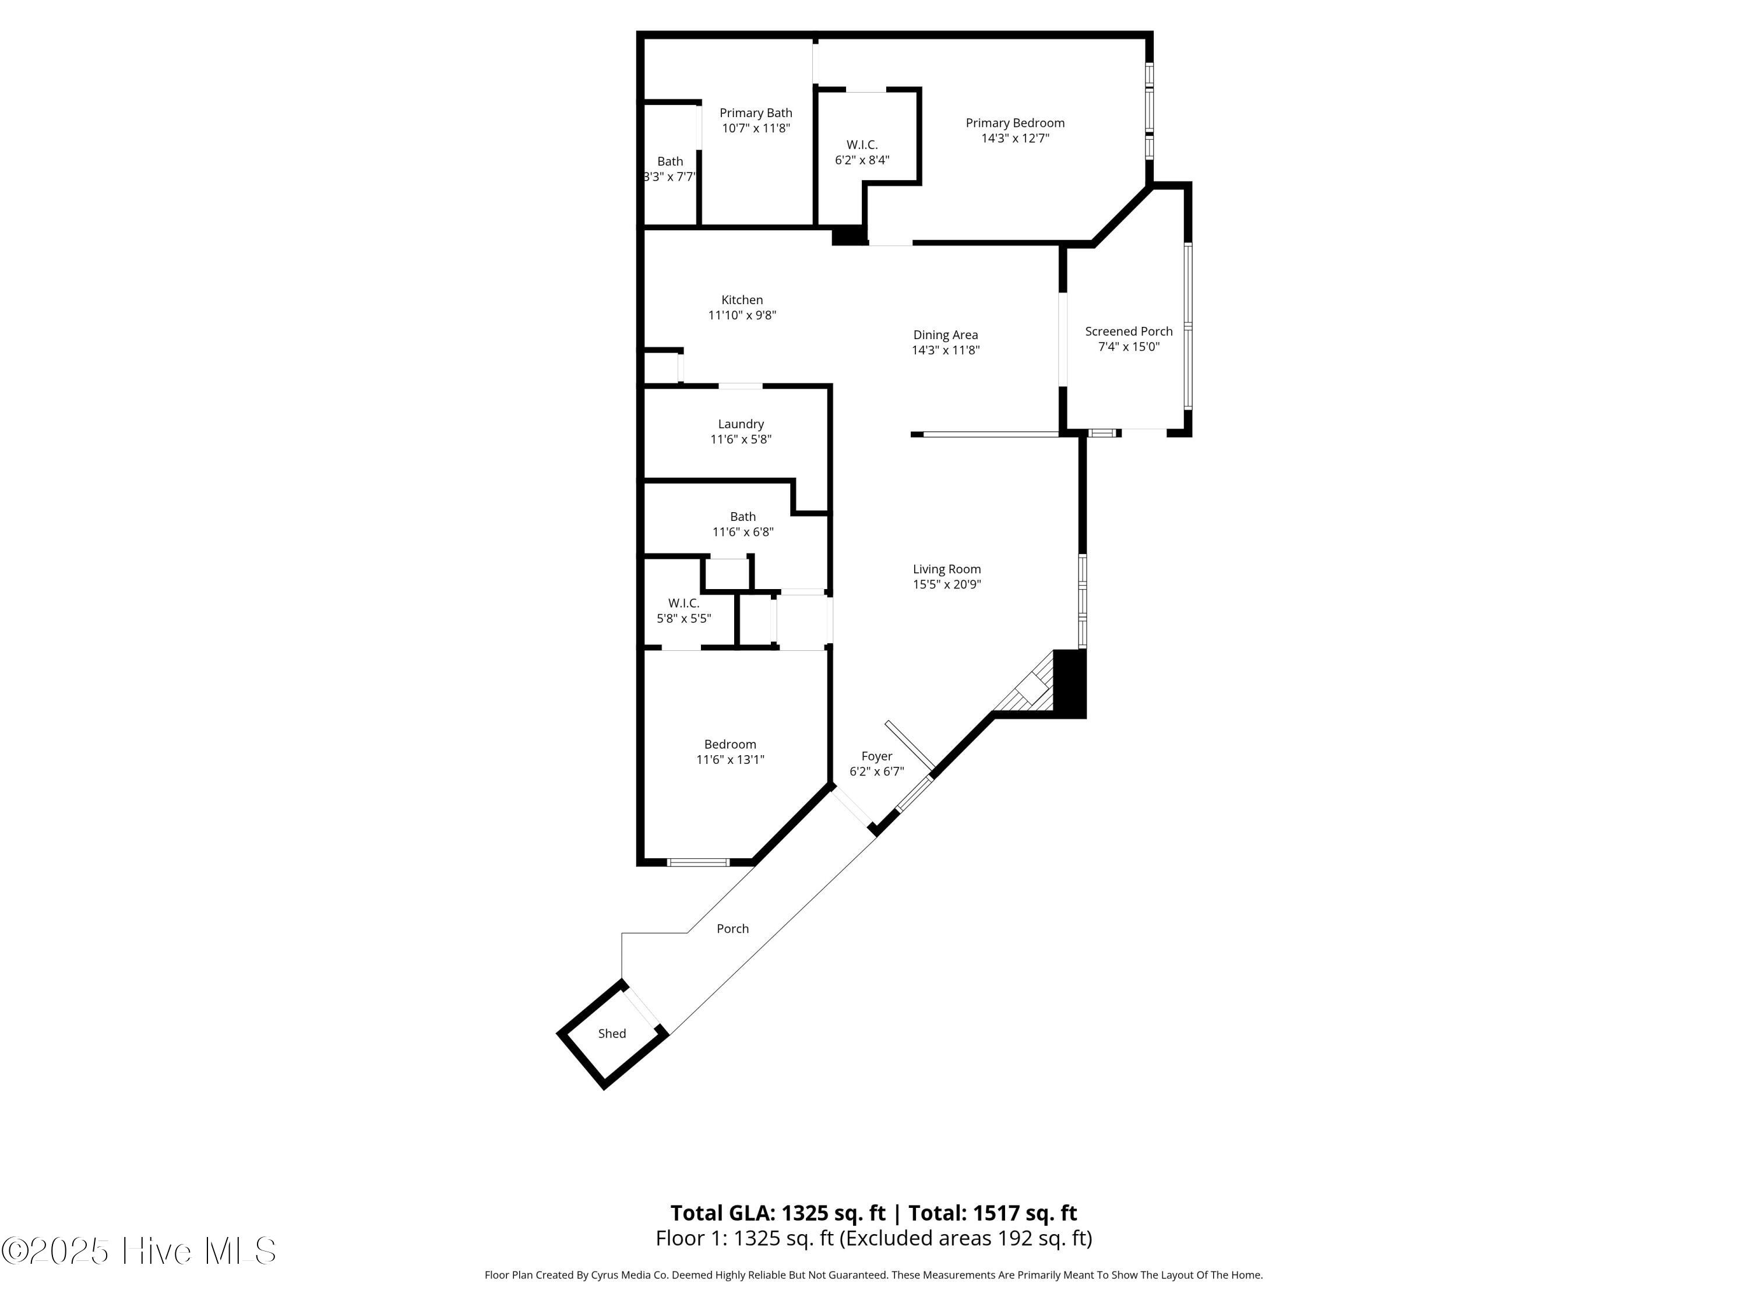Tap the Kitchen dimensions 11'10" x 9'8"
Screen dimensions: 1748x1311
[742, 315]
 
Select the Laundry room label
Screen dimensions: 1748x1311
[741, 424]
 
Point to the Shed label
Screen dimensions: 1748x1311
[612, 1034]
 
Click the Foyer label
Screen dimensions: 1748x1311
[876, 756]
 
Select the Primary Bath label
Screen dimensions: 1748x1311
[756, 113]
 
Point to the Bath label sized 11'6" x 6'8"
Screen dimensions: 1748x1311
[743, 517]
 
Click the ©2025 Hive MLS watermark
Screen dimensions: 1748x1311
[138, 1251]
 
